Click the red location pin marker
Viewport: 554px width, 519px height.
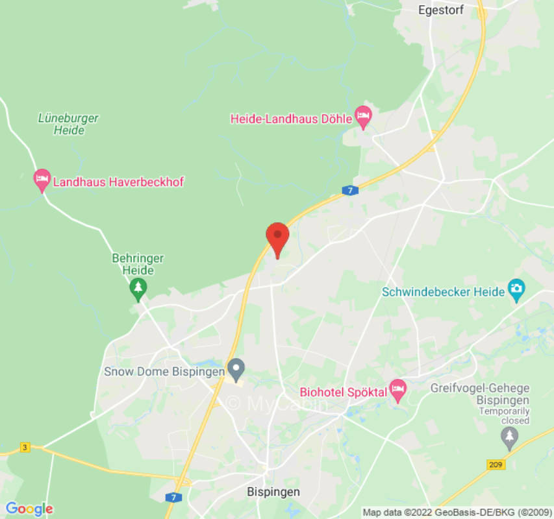pyautogui.click(x=278, y=237)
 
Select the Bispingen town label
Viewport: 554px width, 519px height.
pyautogui.click(x=273, y=492)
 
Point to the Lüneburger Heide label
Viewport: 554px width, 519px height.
pyautogui.click(x=68, y=124)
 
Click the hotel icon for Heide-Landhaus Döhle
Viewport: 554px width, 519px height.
pyautogui.click(x=363, y=117)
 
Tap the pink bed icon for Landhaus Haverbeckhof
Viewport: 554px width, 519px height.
pyautogui.click(x=42, y=180)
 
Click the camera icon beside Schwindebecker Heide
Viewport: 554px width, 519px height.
pyautogui.click(x=516, y=290)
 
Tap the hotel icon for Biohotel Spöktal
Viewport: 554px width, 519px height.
pyautogui.click(x=397, y=391)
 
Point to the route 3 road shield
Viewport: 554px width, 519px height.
pyautogui.click(x=25, y=448)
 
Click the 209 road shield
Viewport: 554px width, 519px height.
pyautogui.click(x=496, y=465)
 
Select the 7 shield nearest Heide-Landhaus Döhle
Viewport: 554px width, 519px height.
pyautogui.click(x=350, y=190)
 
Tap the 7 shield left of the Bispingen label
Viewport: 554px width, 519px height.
pyautogui.click(x=173, y=497)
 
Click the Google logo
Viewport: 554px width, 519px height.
pyautogui.click(x=29, y=509)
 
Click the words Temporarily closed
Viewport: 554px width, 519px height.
pyautogui.click(x=505, y=416)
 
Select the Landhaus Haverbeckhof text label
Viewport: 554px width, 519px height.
pyautogui.click(x=118, y=182)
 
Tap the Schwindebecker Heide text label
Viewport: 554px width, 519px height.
pyautogui.click(x=443, y=292)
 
